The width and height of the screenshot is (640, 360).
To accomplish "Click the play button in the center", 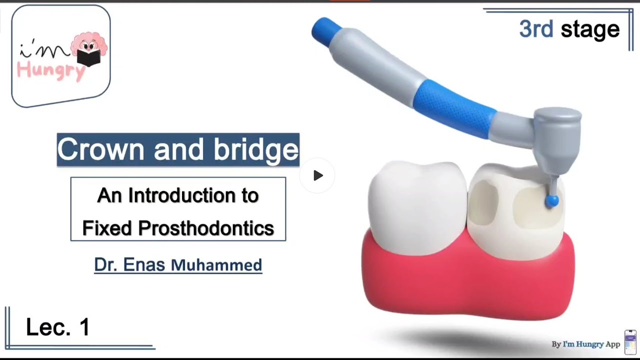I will pos(318,175).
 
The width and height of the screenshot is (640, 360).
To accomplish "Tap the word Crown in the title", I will pos(102,149).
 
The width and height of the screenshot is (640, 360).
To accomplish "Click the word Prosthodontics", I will pos(206,228).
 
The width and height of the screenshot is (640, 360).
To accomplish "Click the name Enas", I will pos(144,264).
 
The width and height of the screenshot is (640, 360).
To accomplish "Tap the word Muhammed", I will pos(216,265).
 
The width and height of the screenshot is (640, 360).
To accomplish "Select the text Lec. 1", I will pos(57,327).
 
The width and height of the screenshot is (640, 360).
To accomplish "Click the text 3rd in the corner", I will pos(535,29).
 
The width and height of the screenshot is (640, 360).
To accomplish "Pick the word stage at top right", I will pos(590,29).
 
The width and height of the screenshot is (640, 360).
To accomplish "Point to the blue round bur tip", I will pos(551,200).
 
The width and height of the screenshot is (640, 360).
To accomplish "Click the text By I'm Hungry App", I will pos(585,344).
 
